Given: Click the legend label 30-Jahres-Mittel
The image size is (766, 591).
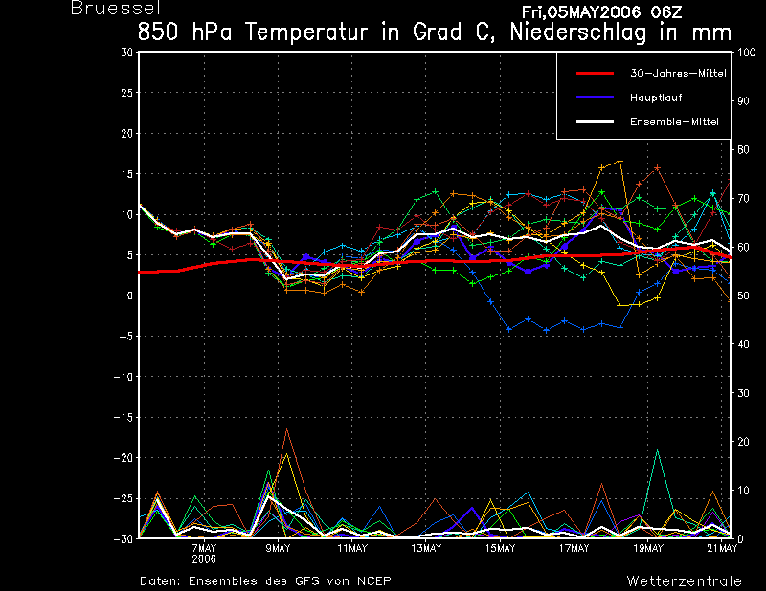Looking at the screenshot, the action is coord(678,74).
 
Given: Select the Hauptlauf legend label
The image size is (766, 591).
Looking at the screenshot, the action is coord(656,98).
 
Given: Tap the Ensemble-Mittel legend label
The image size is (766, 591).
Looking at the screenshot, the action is coord(674,121).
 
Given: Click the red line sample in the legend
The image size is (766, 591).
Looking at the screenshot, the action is coord(595,74).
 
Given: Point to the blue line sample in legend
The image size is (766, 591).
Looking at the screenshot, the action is coord(595,98).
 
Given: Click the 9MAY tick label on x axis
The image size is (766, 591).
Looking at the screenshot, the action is coord(278,549).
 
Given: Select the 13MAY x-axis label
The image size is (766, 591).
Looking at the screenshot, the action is coord(426,549).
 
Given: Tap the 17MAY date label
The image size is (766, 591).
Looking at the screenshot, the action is coord(574,549).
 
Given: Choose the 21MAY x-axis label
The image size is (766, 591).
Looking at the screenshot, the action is coord(722,549).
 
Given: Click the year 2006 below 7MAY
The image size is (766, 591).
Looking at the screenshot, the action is coord(204,559).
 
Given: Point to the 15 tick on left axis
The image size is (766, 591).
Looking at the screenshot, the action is coord(126,174).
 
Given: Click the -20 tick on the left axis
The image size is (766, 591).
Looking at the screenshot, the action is coord(124,458).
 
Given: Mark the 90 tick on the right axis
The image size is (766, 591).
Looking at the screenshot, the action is coord(743,101).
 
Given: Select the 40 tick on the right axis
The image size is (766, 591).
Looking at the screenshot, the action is coord(743,344).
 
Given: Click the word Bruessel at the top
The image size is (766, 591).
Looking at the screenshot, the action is coord(116,8).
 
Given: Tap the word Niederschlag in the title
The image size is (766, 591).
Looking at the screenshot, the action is coord(578,33).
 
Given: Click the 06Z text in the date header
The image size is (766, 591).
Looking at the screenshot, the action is coord(666,11).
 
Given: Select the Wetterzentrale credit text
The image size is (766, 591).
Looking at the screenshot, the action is coord(685,581).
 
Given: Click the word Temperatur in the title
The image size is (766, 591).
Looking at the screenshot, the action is coord(305,33).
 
